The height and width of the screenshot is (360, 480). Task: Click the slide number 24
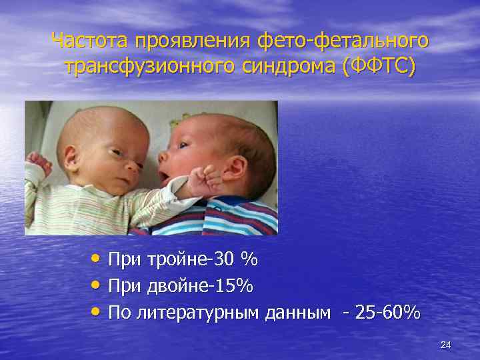pos(446,345)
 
